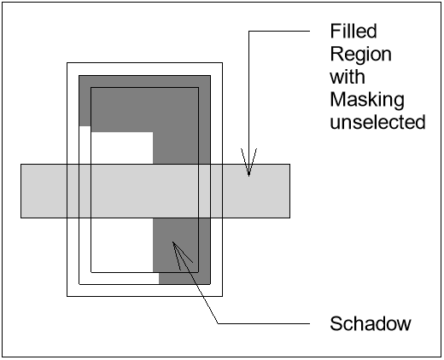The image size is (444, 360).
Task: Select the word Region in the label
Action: (x=361, y=55)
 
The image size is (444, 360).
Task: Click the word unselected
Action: (x=377, y=122)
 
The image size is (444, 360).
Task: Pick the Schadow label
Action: (x=371, y=323)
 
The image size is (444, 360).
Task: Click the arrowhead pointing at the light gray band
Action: (x=248, y=165)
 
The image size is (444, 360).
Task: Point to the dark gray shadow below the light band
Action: (x=183, y=256)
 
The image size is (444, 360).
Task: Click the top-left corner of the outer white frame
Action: (x=67, y=62)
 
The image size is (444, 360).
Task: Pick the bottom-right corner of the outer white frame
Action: (x=222, y=296)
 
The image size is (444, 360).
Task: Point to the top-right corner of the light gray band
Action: (x=289, y=164)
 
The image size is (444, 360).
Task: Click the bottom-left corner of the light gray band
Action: (x=21, y=218)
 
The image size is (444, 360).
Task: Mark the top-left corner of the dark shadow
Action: (x=79, y=76)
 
